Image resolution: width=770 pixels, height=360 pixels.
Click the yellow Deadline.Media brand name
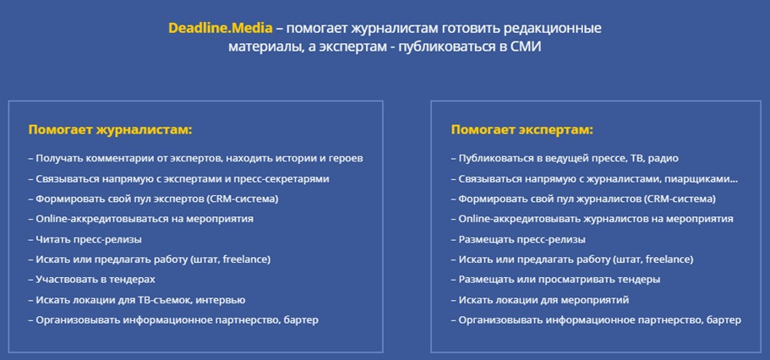point(220,28)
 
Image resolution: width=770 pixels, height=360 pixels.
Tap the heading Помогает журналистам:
point(110,130)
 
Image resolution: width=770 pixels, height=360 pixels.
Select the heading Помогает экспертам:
point(522,130)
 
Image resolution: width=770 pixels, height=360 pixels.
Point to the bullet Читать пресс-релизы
point(85,240)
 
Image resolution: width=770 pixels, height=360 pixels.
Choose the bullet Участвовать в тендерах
point(92,280)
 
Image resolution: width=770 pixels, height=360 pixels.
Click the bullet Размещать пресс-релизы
point(518,240)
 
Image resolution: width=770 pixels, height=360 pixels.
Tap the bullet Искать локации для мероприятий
point(540,300)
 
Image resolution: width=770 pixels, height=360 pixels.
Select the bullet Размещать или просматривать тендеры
point(556,280)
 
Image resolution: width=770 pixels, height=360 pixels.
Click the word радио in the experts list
point(664,159)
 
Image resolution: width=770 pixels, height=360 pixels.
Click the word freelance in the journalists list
point(244,259)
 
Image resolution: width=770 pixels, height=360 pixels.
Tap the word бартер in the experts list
point(723,320)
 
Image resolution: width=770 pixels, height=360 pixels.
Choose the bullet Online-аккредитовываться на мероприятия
point(141,219)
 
